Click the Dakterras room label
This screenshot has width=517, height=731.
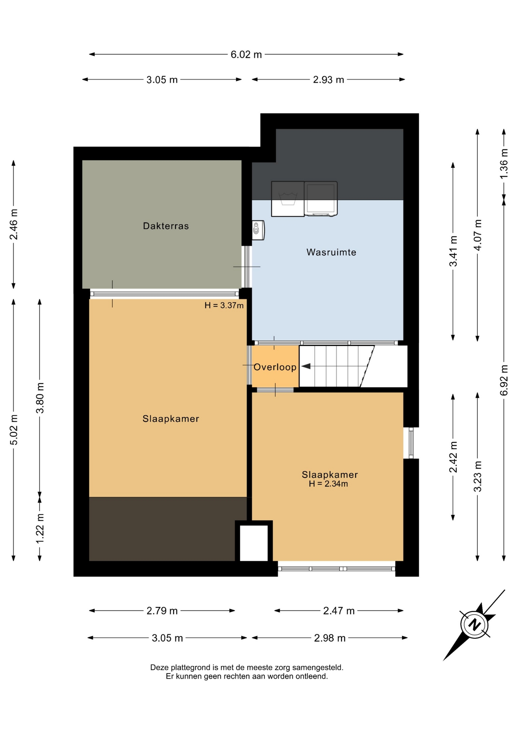pyautogui.click(x=166, y=226)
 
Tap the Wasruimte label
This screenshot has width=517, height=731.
pyautogui.click(x=331, y=252)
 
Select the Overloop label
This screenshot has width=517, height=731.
pyautogui.click(x=275, y=367)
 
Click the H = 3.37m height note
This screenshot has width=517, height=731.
pyautogui.click(x=224, y=305)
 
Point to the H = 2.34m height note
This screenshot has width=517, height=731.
pyautogui.click(x=328, y=484)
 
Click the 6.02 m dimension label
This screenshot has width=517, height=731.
pyautogui.click(x=246, y=54)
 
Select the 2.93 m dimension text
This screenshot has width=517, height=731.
pyautogui.click(x=328, y=80)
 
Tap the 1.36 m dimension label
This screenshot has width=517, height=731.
pyautogui.click(x=504, y=164)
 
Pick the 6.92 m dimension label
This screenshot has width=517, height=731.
pyautogui.click(x=504, y=380)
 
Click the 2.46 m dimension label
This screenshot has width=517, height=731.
pyautogui.click(x=14, y=224)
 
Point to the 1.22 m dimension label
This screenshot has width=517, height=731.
pyautogui.click(x=40, y=528)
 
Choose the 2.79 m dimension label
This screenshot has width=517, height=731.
pyautogui.click(x=162, y=611)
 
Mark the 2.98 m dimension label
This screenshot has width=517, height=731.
pyautogui.click(x=330, y=638)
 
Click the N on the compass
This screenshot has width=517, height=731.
pyautogui.click(x=474, y=625)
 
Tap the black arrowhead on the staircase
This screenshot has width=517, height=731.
pyautogui.click(x=306, y=366)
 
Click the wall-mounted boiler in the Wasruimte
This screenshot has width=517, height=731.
pyautogui.click(x=258, y=230)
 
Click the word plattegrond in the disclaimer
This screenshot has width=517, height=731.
pyautogui.click(x=191, y=667)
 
